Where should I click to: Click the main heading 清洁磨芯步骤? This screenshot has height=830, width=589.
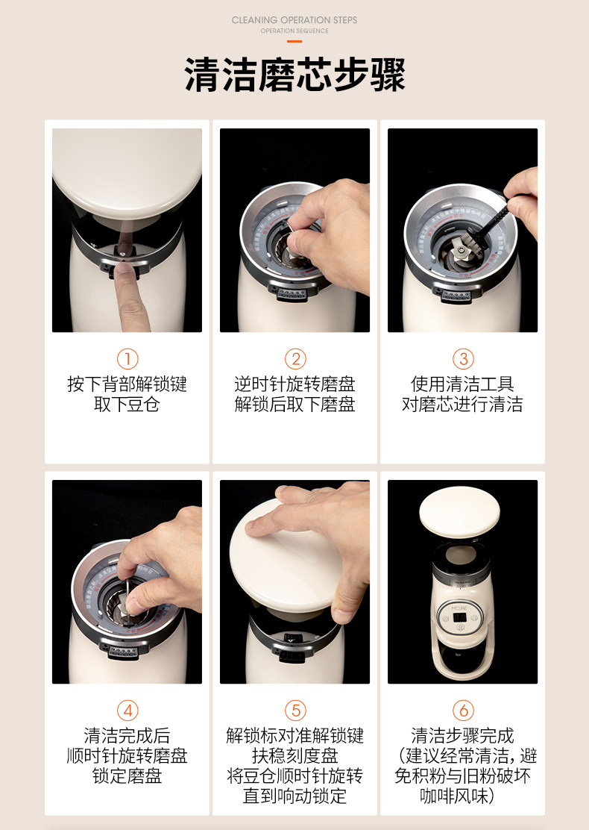[x=294, y=74]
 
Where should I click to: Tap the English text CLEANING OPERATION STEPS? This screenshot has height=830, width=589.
[x=294, y=20]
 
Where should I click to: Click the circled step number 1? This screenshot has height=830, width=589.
[x=127, y=358]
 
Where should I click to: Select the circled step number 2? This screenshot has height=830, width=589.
[x=295, y=358]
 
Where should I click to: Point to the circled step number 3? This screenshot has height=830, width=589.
[x=463, y=358]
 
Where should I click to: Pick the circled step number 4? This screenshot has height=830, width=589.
[x=127, y=710]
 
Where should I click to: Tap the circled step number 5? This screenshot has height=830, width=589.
[x=295, y=710]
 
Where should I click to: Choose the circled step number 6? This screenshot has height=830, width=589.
[x=463, y=710]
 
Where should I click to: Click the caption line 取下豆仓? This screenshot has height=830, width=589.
[x=127, y=405]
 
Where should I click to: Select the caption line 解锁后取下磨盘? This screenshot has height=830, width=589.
[x=295, y=405]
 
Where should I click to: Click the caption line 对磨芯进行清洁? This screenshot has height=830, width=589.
[x=463, y=405]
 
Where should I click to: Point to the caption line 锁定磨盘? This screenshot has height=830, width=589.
[x=127, y=776]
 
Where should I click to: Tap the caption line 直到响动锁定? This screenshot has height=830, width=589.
[x=295, y=796]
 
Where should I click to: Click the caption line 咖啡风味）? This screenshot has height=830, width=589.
[x=458, y=796]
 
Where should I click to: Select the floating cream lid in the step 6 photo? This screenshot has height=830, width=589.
[x=459, y=512]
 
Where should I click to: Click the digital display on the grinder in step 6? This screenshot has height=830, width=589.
[x=459, y=618]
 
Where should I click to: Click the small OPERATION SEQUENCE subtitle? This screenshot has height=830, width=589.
[x=294, y=31]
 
